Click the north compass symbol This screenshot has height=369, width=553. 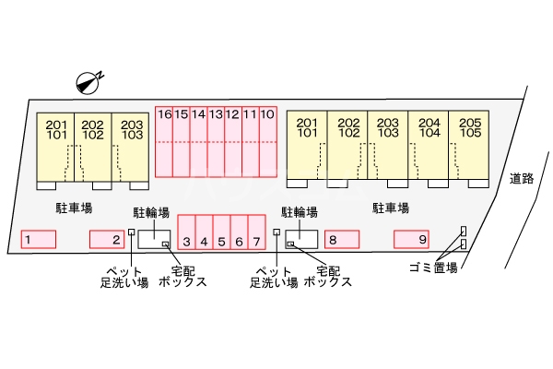click(88, 83)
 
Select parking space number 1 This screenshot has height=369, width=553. click(39, 240)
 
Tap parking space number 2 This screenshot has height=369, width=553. click(107, 240)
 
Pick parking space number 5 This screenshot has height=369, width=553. click(221, 232)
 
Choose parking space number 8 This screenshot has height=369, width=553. click(342, 240)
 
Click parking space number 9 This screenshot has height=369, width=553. click(411, 240)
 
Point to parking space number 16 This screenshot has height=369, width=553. click(164, 141)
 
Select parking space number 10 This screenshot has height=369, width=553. click(268, 141)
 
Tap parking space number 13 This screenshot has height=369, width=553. click(216, 141)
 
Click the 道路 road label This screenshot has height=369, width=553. click(522, 179)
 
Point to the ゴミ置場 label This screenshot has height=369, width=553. click(433, 268)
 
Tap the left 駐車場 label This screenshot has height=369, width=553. click(74, 208)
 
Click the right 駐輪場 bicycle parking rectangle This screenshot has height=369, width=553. click(301, 240)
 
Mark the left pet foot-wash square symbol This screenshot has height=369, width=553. click(131, 232)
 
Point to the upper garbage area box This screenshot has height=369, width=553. click(464, 231)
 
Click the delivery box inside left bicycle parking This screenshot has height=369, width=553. click(165, 244)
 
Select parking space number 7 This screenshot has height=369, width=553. click(256, 232)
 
